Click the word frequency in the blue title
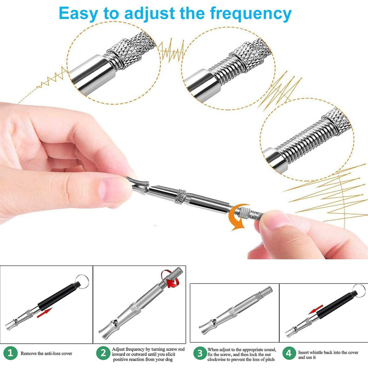(251, 14)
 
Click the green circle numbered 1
(10, 353)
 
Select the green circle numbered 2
(103, 353)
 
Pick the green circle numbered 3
(200, 353)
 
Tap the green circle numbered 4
(289, 353)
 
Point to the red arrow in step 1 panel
(44, 313)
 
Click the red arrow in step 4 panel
(316, 309)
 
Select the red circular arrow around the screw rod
(169, 279)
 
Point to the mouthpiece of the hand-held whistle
(138, 185)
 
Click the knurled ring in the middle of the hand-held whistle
(181, 197)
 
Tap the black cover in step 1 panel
(59, 296)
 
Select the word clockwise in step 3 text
(217, 359)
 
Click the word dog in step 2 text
(168, 360)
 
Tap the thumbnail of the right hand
(275, 220)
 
